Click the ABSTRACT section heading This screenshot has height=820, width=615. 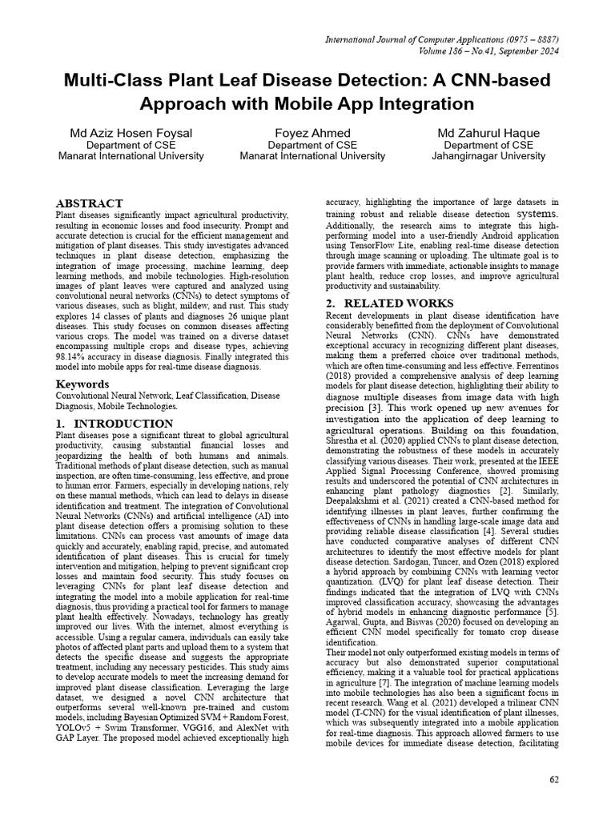pos(89,203)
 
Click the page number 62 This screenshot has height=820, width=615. pos(553,779)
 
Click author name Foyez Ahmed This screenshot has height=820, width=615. pos(312,132)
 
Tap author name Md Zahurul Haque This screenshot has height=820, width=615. pos(488,132)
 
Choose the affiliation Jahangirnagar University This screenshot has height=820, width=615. pos(488,156)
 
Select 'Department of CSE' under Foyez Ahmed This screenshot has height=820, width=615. pos(312,145)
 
